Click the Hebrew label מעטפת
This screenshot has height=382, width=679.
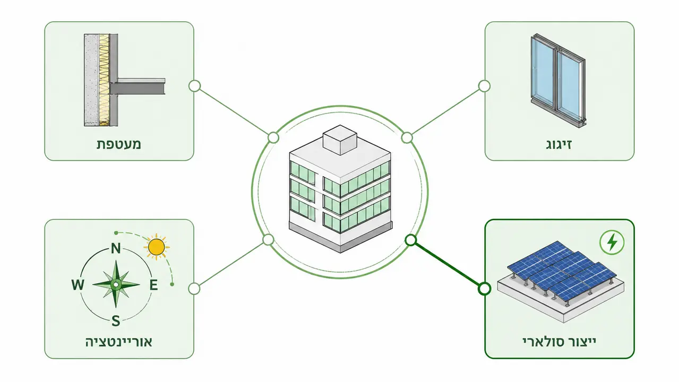tap(119, 144)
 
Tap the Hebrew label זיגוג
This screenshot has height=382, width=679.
tap(558, 144)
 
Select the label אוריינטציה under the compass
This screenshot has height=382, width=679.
tap(118, 342)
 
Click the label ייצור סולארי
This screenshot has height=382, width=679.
tap(559, 342)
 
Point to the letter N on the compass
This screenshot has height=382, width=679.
tap(116, 248)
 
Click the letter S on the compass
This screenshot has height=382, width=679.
tap(116, 321)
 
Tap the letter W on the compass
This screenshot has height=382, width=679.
tap(78, 285)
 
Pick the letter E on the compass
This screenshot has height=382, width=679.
tap(153, 285)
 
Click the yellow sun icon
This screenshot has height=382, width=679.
tap(157, 247)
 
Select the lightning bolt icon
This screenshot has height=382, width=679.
tap(612, 242)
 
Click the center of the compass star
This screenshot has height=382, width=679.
tap(116, 284)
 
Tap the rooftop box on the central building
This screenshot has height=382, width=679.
tap(340, 140)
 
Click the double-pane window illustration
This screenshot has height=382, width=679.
tap(558, 80)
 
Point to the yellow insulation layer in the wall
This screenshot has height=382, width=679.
tap(104, 80)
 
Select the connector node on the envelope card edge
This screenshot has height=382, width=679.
tap(195, 86)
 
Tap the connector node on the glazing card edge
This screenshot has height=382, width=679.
tap(484, 86)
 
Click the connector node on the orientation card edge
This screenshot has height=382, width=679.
tap(194, 289)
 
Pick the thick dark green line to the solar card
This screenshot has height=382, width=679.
tap(448, 264)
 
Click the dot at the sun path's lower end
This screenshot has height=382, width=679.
tap(172, 284)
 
